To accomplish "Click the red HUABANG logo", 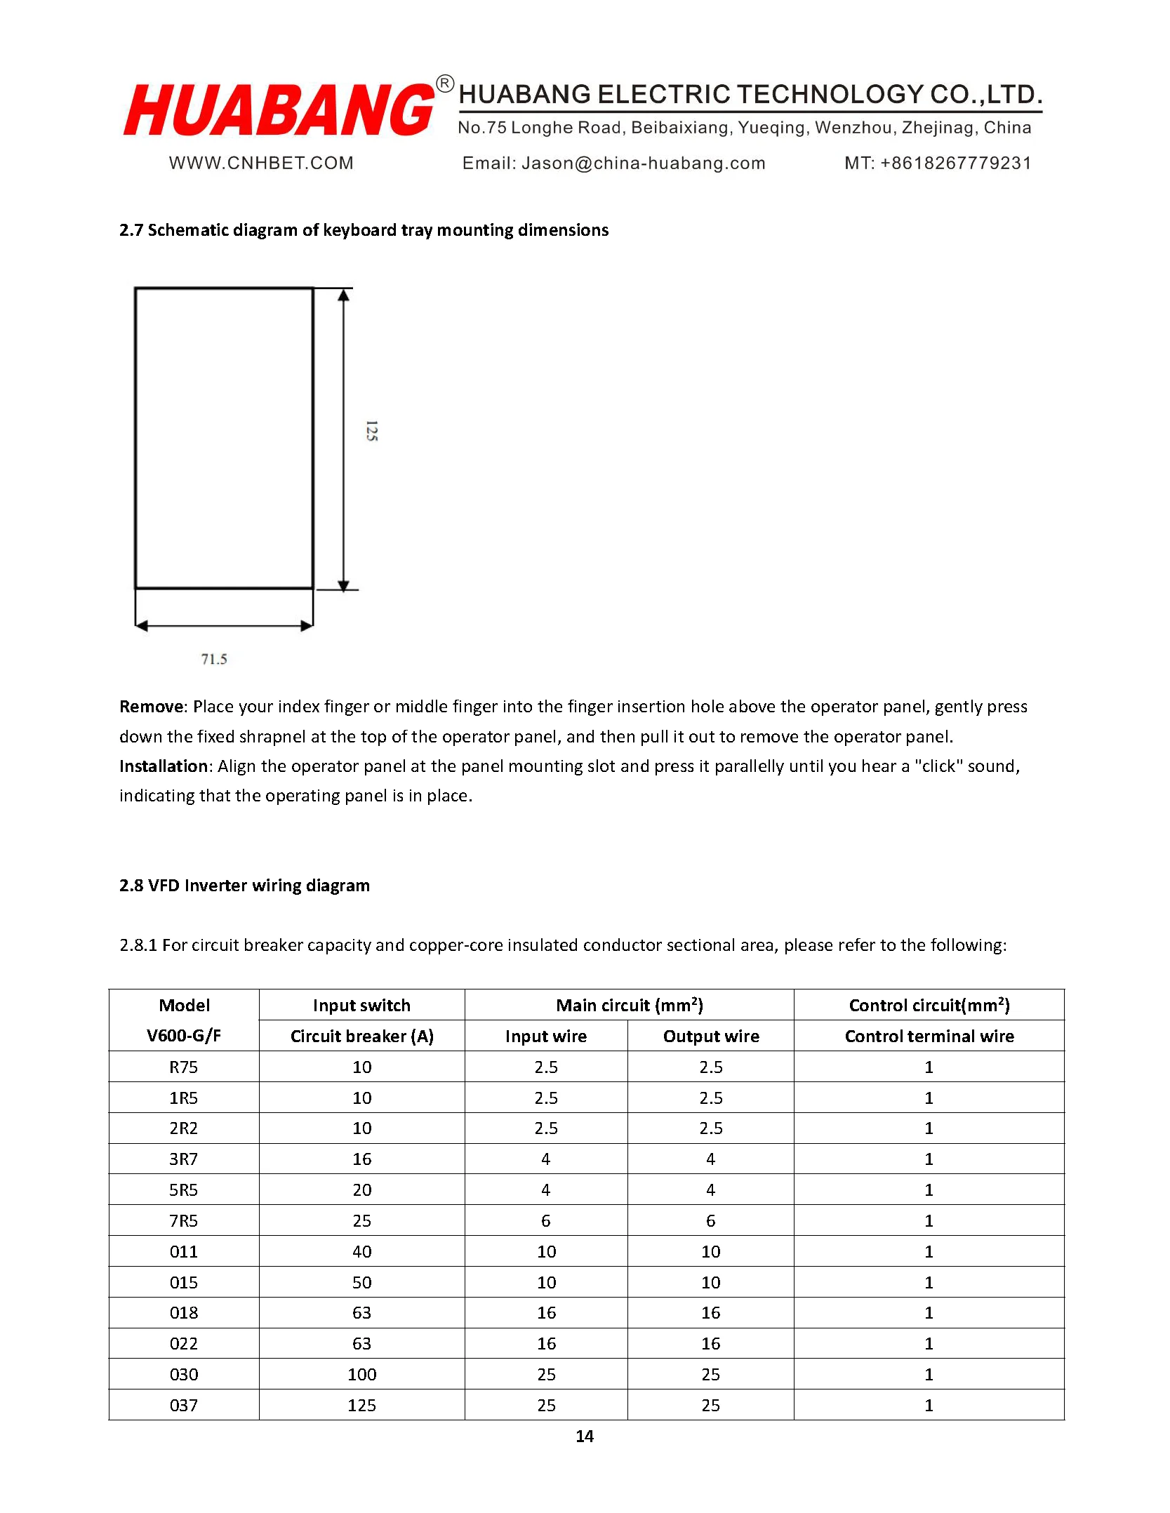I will coord(279,109).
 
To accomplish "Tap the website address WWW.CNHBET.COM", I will coord(261,164).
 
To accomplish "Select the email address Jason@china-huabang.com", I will coord(643,164).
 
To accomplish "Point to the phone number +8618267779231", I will coord(955,164).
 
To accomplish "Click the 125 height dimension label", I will coord(372,431).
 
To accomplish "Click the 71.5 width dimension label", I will coord(214,659).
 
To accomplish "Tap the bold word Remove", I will coord(152,707).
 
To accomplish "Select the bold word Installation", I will coord(164,766).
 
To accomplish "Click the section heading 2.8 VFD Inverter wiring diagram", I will coord(244,886).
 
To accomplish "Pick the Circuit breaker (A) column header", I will coord(361,1036).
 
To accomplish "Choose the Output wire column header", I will coord(710,1036).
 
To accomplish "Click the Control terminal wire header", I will coord(929,1036).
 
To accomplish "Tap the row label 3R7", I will coord(184,1159).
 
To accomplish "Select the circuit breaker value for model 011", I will coord(361,1251).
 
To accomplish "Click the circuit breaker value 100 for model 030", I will coord(361,1374).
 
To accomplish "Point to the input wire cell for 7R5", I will coord(545,1220).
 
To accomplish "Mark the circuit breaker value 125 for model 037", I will coord(361,1405).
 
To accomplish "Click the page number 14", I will coord(585,1437).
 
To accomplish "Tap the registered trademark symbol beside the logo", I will coord(445,84).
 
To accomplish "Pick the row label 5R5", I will coord(184,1190).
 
